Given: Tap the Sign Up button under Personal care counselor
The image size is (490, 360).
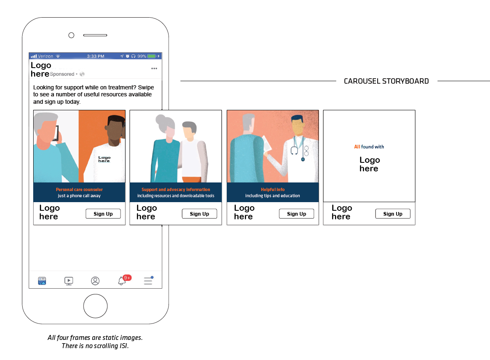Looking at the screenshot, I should [103, 214].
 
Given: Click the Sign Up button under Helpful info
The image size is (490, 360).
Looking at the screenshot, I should [296, 214].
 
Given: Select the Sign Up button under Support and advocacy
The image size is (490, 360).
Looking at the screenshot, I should [199, 214].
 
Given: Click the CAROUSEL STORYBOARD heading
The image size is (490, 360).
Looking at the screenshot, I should [386, 81].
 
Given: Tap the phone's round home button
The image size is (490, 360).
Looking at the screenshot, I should [95, 306].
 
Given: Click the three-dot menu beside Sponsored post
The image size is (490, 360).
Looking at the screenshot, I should [154, 68].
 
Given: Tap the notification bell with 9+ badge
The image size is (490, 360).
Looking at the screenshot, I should [122, 281].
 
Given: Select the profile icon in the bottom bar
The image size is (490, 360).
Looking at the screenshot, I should [95, 281].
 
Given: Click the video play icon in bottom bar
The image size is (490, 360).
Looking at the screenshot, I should [69, 281].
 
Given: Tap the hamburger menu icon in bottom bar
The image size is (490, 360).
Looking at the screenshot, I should [148, 281].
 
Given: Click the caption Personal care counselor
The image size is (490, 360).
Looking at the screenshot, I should [79, 189].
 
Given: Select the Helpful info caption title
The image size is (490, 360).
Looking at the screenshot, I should [273, 189].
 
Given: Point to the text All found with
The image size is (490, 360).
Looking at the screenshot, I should [369, 147].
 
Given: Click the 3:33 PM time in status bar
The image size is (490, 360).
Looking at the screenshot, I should [96, 56].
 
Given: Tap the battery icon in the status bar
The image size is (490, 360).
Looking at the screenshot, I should [152, 56].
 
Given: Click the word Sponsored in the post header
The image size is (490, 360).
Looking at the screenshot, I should [62, 74].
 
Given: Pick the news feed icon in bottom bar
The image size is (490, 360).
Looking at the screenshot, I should [42, 281].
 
